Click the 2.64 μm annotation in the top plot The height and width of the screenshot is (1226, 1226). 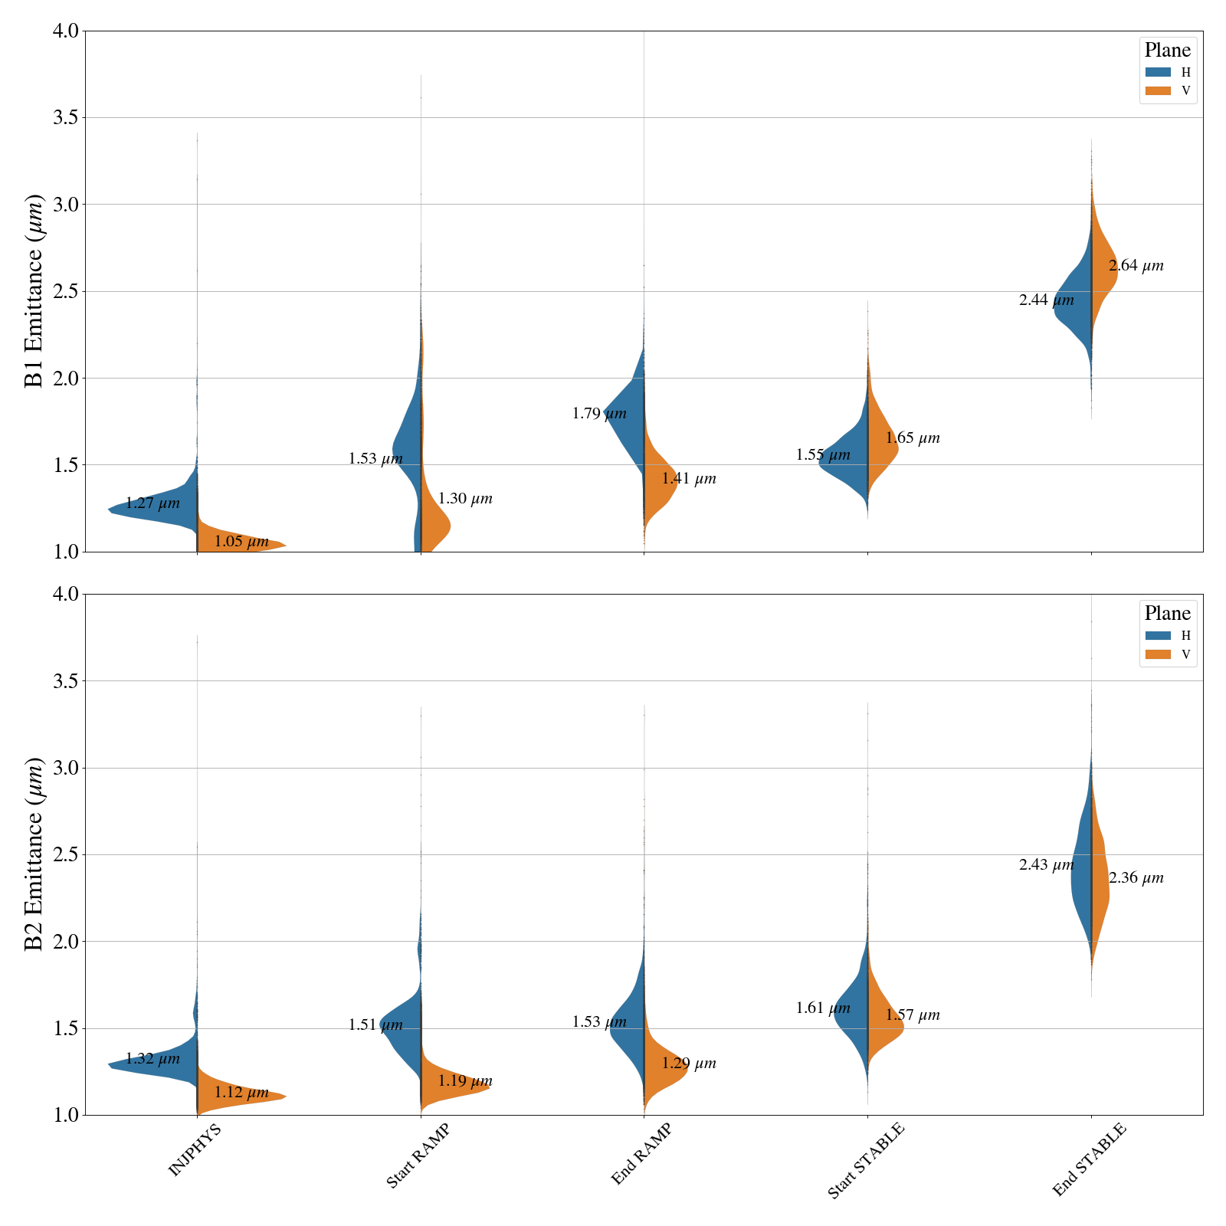pyautogui.click(x=1136, y=267)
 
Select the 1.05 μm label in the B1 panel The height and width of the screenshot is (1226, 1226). pyautogui.click(x=241, y=542)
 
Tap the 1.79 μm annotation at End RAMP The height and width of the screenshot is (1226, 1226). pyautogui.click(x=599, y=415)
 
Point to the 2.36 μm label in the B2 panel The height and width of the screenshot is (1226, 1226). pyautogui.click(x=1136, y=878)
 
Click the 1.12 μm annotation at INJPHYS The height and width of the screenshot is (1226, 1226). pyautogui.click(x=241, y=1093)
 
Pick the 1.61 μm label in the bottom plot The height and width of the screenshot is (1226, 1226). pyautogui.click(x=823, y=1008)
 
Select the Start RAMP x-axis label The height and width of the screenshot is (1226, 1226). pyautogui.click(x=417, y=1156)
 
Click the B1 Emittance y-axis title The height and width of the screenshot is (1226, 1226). pyautogui.click(x=34, y=291)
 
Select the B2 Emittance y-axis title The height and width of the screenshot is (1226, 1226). pyautogui.click(x=34, y=854)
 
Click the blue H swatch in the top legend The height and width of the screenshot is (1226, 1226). pyautogui.click(x=1158, y=73)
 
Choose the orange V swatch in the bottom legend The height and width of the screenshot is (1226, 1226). pyautogui.click(x=1158, y=654)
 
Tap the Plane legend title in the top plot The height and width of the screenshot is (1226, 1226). pyautogui.click(x=1167, y=51)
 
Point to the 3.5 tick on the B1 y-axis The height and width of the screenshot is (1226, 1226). pyautogui.click(x=64, y=118)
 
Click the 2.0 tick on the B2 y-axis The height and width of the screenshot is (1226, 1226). pyautogui.click(x=64, y=942)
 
